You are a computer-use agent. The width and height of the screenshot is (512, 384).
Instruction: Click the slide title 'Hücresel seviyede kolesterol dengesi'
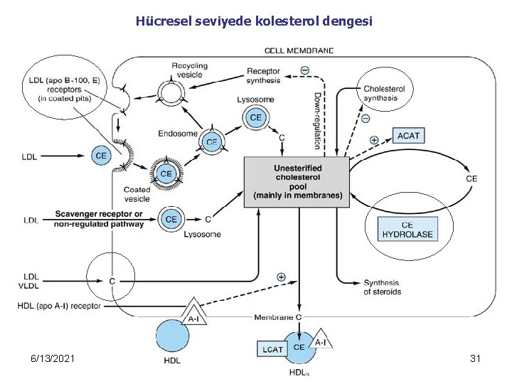pyautogui.click(x=254, y=21)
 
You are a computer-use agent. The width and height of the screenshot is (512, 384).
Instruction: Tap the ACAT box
pyautogui.click(x=408, y=135)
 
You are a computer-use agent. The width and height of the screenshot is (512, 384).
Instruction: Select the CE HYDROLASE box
pyautogui.click(x=407, y=229)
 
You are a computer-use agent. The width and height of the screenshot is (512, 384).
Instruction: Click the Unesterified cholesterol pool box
pyautogui.click(x=297, y=181)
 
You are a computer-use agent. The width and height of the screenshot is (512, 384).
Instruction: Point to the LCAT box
pyautogui.click(x=272, y=348)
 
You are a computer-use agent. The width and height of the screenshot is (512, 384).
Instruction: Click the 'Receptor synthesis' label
pyautogui.click(x=263, y=75)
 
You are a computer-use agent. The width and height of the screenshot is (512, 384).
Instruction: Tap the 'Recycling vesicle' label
pyautogui.click(x=190, y=70)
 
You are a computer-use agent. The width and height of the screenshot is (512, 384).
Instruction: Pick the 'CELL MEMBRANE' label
pyautogui.click(x=299, y=50)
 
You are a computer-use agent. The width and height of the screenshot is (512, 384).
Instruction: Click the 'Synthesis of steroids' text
pyautogui.click(x=383, y=287)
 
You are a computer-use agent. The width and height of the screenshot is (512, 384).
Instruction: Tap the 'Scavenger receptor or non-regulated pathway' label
pyautogui.click(x=98, y=219)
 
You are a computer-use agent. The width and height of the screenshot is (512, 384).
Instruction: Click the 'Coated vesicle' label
pyautogui.click(x=137, y=194)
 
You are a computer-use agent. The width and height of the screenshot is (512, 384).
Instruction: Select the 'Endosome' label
pyautogui.click(x=173, y=132)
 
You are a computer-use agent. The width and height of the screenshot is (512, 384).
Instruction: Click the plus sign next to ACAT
pyautogui.click(x=374, y=140)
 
